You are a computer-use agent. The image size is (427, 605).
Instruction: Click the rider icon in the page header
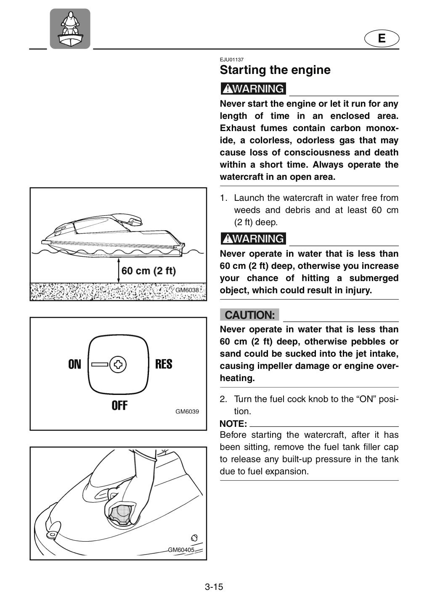[x=70, y=29]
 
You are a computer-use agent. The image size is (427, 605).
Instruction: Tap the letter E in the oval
[x=382, y=38]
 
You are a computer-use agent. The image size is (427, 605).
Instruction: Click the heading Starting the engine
[x=275, y=70]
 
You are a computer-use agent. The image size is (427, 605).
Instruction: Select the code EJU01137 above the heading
[x=231, y=59]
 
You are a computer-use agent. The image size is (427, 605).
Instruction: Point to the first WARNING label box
[x=253, y=89]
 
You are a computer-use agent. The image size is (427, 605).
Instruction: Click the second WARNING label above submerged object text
[x=253, y=239]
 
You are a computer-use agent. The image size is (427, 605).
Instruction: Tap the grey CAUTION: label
[x=249, y=315]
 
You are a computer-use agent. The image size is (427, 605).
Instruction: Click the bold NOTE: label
[x=233, y=424]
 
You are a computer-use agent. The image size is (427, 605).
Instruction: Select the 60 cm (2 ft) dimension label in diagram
[x=149, y=271]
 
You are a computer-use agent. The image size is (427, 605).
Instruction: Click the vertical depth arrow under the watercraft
[x=119, y=271]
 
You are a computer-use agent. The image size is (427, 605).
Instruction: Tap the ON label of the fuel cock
[x=74, y=364]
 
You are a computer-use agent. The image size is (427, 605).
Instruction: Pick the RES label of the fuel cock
[x=164, y=364]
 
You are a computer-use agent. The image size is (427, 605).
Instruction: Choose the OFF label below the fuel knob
[x=119, y=405]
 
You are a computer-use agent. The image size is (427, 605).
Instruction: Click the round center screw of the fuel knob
[x=118, y=365]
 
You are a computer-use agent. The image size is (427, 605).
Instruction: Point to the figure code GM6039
[x=187, y=412]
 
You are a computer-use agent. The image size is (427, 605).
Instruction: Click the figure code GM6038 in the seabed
[x=187, y=290]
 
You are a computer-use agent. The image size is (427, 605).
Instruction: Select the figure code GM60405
[x=181, y=550]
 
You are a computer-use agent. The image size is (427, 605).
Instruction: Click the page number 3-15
[x=214, y=587]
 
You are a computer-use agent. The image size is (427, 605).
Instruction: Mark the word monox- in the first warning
[x=382, y=128]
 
